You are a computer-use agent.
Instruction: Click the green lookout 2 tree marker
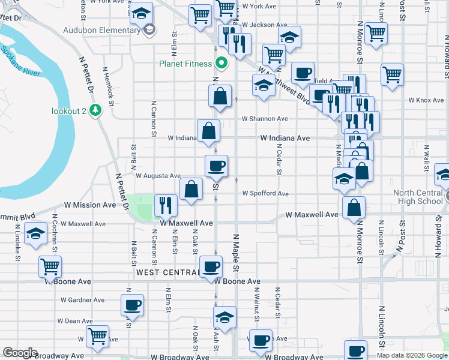95,110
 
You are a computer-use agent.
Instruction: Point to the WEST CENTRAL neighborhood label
167,272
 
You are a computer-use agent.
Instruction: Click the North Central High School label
418,197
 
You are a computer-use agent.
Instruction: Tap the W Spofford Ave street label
265,194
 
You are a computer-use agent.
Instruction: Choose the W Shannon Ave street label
265,119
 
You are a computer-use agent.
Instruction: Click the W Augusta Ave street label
158,176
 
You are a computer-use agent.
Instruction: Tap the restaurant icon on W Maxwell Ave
165,205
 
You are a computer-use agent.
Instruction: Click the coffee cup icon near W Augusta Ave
216,166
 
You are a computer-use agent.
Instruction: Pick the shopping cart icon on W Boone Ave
50,266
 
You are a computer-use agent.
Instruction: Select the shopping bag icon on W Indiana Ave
208,131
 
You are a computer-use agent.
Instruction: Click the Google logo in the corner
20,353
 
